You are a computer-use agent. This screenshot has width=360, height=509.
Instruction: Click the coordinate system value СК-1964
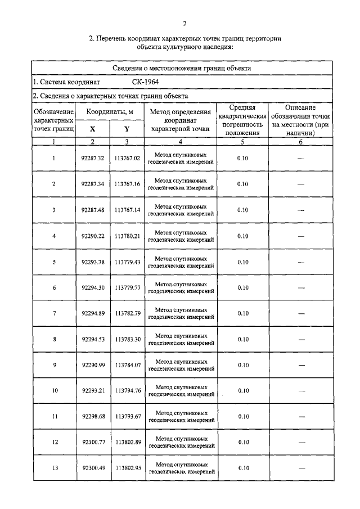point(141,82)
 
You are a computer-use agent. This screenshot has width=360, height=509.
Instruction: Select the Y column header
point(127,129)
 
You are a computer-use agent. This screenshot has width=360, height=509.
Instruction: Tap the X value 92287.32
point(93,158)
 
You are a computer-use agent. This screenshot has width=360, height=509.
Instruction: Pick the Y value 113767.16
point(127,184)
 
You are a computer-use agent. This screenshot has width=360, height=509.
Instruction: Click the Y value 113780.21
point(127,236)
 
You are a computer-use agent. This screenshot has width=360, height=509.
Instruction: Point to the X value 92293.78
point(93,262)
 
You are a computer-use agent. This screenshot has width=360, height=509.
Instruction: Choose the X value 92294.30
point(93,287)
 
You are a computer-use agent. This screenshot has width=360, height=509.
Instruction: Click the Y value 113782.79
point(127,313)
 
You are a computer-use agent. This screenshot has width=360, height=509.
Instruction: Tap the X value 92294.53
point(93,339)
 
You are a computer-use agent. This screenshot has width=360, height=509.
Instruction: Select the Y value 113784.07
point(127,365)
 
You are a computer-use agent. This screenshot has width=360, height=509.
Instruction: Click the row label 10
point(54,391)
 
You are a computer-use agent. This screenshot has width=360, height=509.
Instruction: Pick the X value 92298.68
point(93,417)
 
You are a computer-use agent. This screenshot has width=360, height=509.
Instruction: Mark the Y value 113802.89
point(127,443)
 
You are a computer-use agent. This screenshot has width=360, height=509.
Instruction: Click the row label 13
point(54,469)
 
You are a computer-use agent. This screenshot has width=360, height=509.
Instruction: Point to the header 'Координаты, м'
point(110,112)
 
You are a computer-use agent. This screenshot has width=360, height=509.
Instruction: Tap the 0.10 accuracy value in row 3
point(242,210)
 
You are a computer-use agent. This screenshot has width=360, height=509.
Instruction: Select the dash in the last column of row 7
point(300,314)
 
